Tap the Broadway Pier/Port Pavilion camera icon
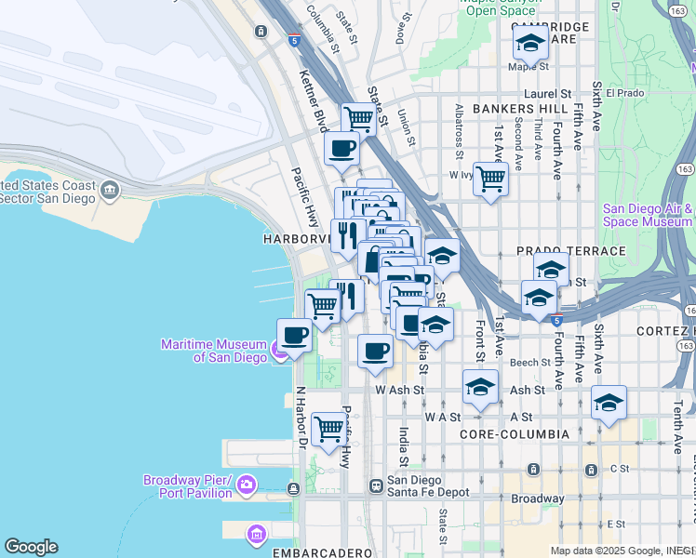click(x=247, y=484)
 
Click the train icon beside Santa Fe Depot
click(x=376, y=485)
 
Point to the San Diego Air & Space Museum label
click(x=648, y=216)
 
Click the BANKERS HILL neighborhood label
click(x=506, y=109)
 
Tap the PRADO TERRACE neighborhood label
click(x=570, y=251)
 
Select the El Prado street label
click(x=624, y=93)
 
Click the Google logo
click(x=31, y=547)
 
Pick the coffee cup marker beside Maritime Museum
click(x=295, y=336)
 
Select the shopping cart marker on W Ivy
click(x=490, y=178)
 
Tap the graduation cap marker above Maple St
click(x=530, y=42)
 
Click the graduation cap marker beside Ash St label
click(x=480, y=387)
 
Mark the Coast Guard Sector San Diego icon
click(x=111, y=191)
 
